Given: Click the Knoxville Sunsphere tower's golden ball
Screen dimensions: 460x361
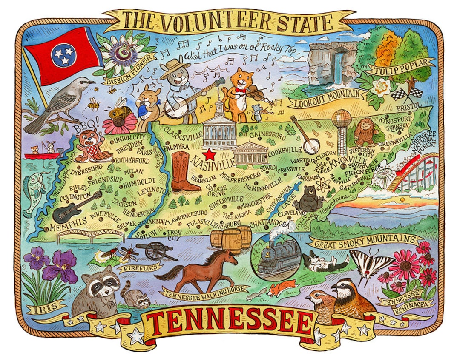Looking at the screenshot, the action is click(x=342, y=119).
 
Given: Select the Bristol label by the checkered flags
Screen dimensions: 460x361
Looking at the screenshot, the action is click(x=408, y=105).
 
